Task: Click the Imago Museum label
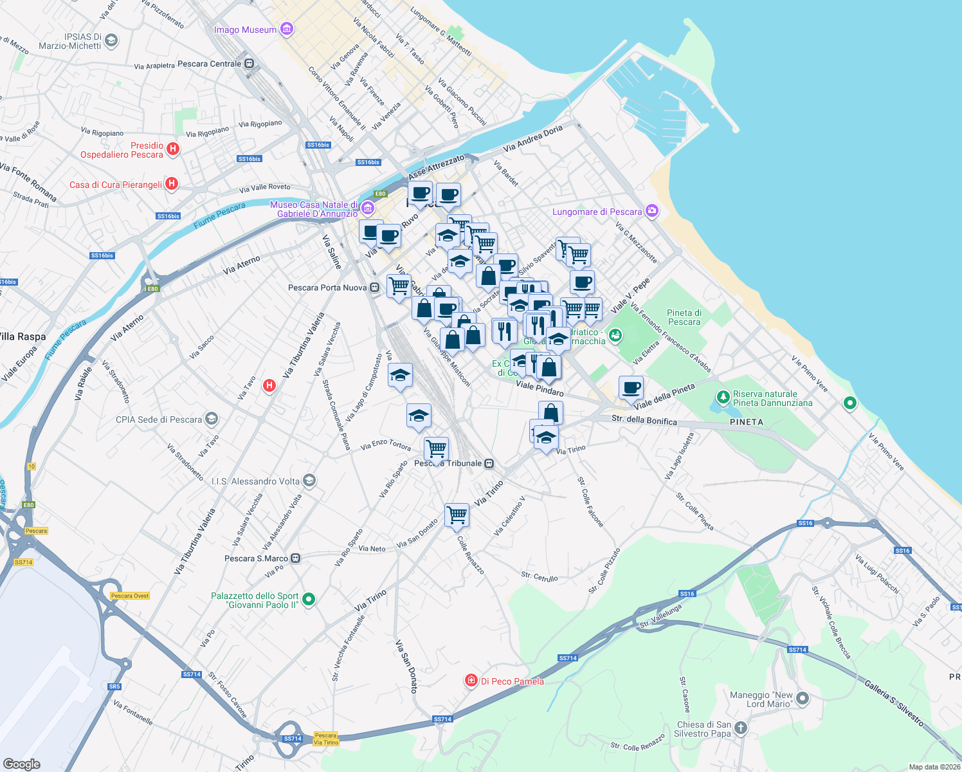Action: (x=245, y=30)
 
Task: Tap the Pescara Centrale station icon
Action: (x=249, y=64)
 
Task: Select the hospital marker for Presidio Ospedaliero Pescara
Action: (x=172, y=149)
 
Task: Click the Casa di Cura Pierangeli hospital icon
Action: (x=171, y=184)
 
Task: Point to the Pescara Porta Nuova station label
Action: (x=327, y=288)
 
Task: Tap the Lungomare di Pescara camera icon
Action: (x=652, y=211)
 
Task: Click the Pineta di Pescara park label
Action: (x=684, y=317)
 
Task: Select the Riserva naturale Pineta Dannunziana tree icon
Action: (x=723, y=398)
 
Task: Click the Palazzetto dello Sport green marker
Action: (x=309, y=600)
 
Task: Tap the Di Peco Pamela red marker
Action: (x=471, y=681)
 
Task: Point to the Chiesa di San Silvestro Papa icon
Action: (x=741, y=728)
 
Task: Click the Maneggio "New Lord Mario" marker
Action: (x=803, y=698)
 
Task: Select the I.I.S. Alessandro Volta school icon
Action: (x=309, y=481)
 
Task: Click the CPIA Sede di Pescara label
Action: (x=159, y=419)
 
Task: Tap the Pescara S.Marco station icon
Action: (x=295, y=558)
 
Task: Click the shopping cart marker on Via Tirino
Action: (x=457, y=514)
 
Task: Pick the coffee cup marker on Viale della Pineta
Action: (x=631, y=387)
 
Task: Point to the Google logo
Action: (x=21, y=764)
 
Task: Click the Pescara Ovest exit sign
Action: (x=130, y=596)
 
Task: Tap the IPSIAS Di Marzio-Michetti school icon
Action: (x=111, y=41)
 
